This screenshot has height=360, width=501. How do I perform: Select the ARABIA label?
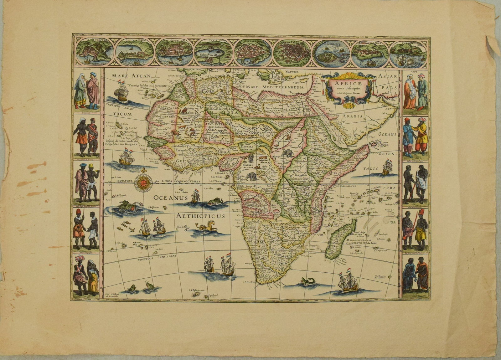click(x=354, y=116)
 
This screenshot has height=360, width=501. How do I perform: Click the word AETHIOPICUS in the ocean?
click(x=200, y=216)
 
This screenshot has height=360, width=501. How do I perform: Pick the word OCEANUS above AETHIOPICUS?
click(x=170, y=198)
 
